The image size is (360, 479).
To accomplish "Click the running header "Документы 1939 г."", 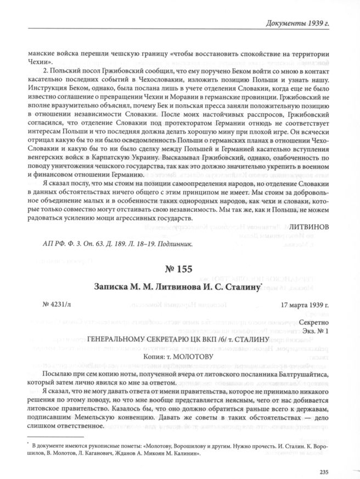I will coord(310,23).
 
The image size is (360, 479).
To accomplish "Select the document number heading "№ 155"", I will coord(180,271).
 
